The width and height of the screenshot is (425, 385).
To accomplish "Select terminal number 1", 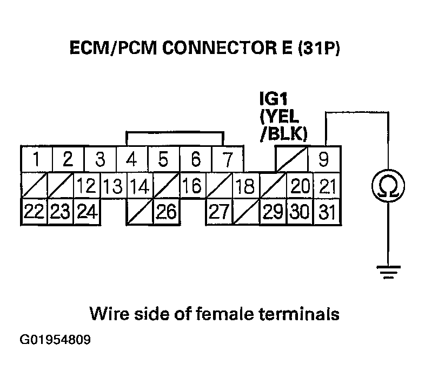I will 36,160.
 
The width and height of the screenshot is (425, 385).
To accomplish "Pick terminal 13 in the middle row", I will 114,187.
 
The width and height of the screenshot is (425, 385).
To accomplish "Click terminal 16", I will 191,187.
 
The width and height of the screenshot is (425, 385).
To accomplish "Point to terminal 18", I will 245,187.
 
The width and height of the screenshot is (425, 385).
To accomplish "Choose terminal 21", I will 326,187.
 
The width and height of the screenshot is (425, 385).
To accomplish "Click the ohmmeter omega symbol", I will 388,187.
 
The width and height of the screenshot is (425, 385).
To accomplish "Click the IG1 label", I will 273,100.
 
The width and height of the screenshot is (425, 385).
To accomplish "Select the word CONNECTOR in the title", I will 206,49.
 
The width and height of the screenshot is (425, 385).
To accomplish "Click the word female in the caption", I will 216,314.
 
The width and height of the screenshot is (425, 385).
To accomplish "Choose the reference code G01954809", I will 55,341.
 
